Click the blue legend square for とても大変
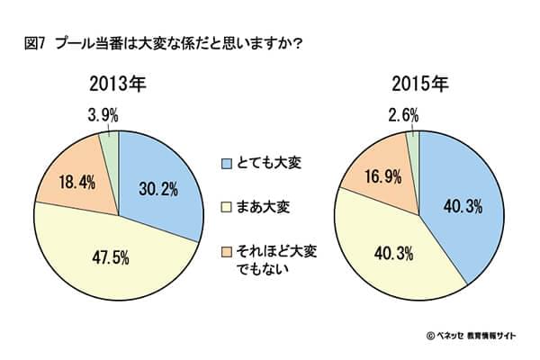[227, 164]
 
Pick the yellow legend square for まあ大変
[227, 207]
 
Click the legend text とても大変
[268, 164]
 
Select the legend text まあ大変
[263, 207]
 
